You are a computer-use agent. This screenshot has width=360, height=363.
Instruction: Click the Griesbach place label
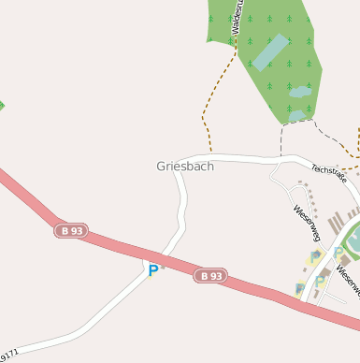tap(185, 167)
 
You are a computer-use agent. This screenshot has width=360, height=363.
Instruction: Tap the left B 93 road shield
tap(71, 230)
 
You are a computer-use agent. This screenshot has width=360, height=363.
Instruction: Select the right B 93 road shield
tap(211, 276)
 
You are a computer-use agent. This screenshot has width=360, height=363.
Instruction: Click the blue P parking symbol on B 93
tap(152, 270)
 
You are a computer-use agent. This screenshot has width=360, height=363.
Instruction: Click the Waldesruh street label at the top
tap(238, 17)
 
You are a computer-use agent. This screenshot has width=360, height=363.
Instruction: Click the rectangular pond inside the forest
tap(270, 53)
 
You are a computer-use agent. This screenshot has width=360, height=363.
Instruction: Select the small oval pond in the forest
tap(299, 92)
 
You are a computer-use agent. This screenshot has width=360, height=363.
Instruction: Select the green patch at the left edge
tap(2, 105)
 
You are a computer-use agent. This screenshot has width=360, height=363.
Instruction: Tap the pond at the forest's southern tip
tap(295, 115)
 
